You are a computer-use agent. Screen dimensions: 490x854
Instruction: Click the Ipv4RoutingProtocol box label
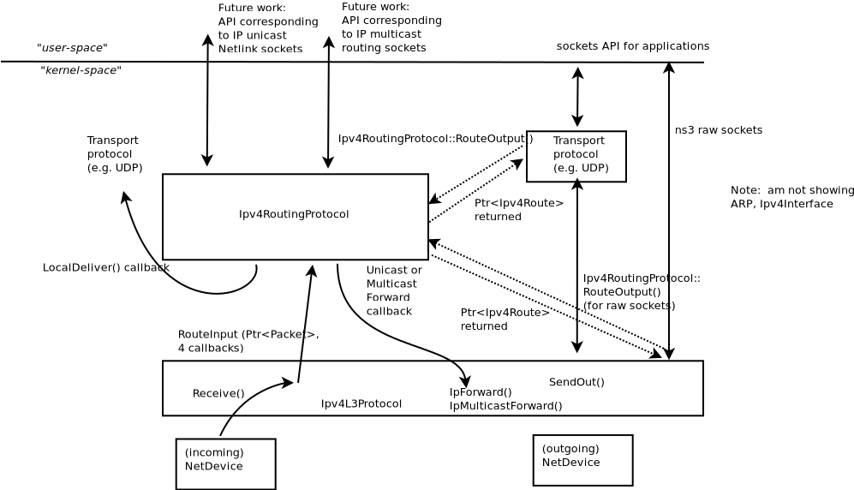(294, 214)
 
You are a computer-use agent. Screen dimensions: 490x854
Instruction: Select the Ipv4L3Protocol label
(361, 403)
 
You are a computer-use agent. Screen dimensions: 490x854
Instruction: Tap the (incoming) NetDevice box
(225, 463)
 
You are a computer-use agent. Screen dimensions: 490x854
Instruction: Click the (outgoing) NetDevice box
(582, 460)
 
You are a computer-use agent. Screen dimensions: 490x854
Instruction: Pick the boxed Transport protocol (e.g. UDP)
(576, 156)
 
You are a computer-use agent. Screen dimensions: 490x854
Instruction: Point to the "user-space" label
(72, 47)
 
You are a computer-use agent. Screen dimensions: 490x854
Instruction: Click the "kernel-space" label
(81, 70)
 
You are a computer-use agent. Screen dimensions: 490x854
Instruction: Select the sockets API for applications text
(632, 46)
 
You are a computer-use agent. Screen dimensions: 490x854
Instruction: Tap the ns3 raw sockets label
(718, 130)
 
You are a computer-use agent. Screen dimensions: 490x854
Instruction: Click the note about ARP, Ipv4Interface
(791, 197)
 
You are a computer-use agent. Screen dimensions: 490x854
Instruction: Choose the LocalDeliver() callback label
(105, 267)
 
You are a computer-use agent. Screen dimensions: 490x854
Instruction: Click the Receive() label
(218, 393)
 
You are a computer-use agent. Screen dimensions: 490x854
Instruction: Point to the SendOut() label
(576, 382)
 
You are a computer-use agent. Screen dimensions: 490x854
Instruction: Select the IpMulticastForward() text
(505, 406)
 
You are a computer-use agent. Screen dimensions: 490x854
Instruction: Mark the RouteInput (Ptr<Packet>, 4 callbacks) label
(248, 341)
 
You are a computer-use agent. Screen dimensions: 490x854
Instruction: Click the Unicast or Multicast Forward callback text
(393, 290)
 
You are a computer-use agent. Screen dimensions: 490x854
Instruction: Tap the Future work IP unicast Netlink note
(267, 28)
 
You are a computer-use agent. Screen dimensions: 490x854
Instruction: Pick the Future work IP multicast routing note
(391, 27)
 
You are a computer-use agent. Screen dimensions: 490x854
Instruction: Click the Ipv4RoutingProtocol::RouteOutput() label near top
(435, 139)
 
